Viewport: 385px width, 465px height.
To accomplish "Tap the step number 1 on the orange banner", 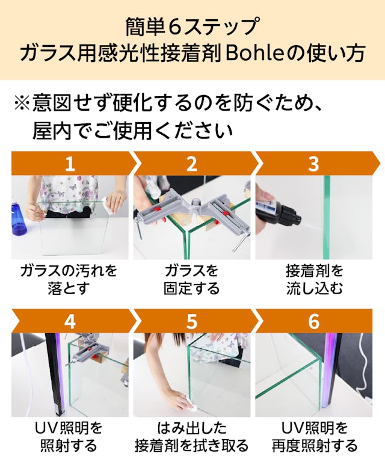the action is click(x=70, y=164).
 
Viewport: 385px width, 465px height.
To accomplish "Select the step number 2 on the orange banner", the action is click(x=192, y=164).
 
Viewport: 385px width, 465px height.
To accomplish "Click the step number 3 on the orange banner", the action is click(x=313, y=164).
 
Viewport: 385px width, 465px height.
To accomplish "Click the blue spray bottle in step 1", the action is click(x=19, y=217).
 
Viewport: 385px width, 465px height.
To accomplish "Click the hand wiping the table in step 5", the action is click(x=178, y=401).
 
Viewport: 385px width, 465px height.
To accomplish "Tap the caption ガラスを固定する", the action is click(x=192, y=279).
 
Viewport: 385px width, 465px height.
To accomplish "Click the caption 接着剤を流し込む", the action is click(x=315, y=279).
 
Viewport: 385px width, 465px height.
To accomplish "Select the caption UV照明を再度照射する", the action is click(x=315, y=437).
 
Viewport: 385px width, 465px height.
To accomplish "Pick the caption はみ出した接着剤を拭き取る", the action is click(x=192, y=437).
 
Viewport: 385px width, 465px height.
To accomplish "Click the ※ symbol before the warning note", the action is click(x=22, y=103).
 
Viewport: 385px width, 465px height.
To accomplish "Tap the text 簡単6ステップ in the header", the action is click(x=192, y=27).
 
